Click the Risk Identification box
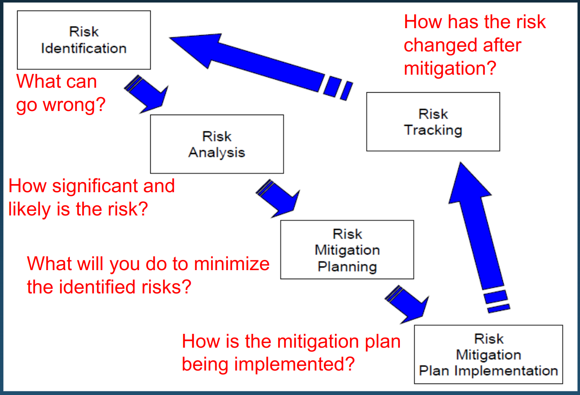pyautogui.click(x=84, y=40)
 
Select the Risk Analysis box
pyautogui.click(x=216, y=144)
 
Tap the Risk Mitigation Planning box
pyautogui.click(x=347, y=250)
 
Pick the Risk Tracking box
pyautogui.click(x=433, y=122)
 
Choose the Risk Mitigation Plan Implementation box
pyautogui.click(x=488, y=354)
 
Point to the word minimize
pyautogui.click(x=232, y=264)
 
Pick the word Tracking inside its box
pyautogui.click(x=433, y=130)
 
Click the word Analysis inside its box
pyautogui.click(x=216, y=153)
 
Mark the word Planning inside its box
pyautogui.click(x=347, y=266)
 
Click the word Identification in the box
pyautogui.click(x=84, y=49)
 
